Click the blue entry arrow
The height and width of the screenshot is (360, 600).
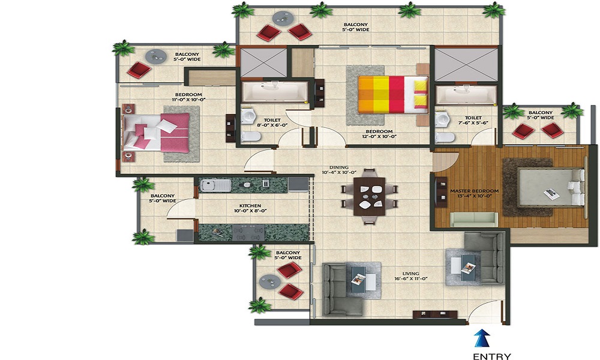pos(482,338)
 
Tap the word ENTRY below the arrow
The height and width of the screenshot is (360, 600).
pos(492,356)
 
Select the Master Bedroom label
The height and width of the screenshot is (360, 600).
pos(474,193)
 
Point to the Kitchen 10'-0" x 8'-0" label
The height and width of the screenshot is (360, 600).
pos(250,208)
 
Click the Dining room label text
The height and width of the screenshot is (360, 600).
pos(339,170)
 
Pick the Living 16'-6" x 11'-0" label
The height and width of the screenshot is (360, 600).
pos(410,276)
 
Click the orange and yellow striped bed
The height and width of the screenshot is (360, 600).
pos(393,94)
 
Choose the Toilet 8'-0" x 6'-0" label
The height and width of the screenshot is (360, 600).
pos(272,122)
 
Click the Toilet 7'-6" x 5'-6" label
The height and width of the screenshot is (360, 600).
pos(473,120)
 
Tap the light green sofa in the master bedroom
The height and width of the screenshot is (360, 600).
pos(474,219)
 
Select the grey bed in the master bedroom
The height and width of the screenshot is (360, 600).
pos(551,188)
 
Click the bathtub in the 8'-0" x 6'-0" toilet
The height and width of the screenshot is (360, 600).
pos(275,91)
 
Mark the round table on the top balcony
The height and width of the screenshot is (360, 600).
pos(283,18)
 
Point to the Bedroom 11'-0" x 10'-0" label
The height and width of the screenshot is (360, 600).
pos(188,97)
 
